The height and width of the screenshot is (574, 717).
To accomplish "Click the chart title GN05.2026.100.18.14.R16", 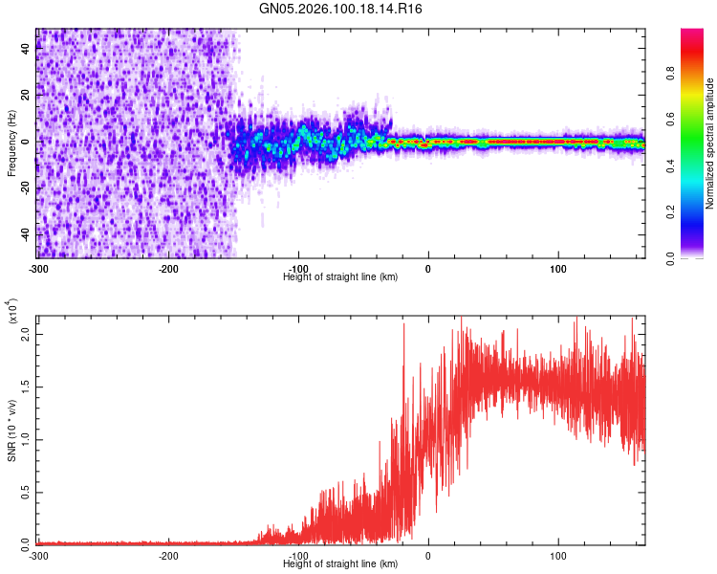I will pos(341,9).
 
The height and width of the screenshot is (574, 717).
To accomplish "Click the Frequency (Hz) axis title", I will pos(11,143).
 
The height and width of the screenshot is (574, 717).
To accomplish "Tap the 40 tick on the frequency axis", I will pos(26,50).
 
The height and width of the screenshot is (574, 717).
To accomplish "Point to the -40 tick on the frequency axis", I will pos(26,234).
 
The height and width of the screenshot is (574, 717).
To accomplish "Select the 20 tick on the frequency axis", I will pos(26,96).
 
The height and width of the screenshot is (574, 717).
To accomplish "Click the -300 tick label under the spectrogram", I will pos(39,268).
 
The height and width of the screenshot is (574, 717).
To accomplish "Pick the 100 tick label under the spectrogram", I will pos(558,268).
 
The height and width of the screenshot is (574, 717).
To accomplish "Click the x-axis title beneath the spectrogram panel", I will pos(340,276).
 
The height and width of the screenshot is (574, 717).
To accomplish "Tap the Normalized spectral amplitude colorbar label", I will pos(710,143).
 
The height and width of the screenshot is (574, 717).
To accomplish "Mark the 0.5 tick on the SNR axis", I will pos(26,493).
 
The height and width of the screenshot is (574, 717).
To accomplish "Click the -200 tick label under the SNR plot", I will pos(169,555).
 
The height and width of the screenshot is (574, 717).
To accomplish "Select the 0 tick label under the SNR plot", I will pos(428,555).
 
